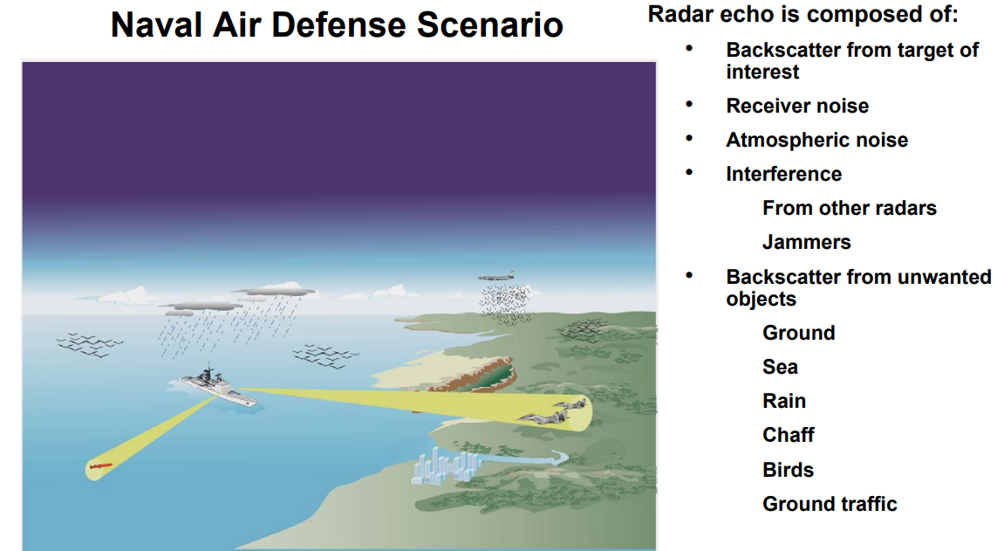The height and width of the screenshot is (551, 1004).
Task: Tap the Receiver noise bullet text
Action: [797, 106]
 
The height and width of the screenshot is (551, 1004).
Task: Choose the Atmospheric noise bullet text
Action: [816, 140]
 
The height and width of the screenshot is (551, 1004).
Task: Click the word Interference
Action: [783, 174]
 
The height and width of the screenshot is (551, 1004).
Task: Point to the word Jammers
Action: [806, 242]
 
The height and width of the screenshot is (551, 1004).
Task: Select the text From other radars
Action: [849, 208]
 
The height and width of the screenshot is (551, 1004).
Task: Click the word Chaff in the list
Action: [788, 435]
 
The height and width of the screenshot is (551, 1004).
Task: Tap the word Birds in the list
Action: [788, 470]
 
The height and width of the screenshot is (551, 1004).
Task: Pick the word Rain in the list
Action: [783, 401]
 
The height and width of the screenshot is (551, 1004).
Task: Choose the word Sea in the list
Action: [780, 367]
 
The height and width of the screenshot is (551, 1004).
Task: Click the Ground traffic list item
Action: [829, 504]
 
